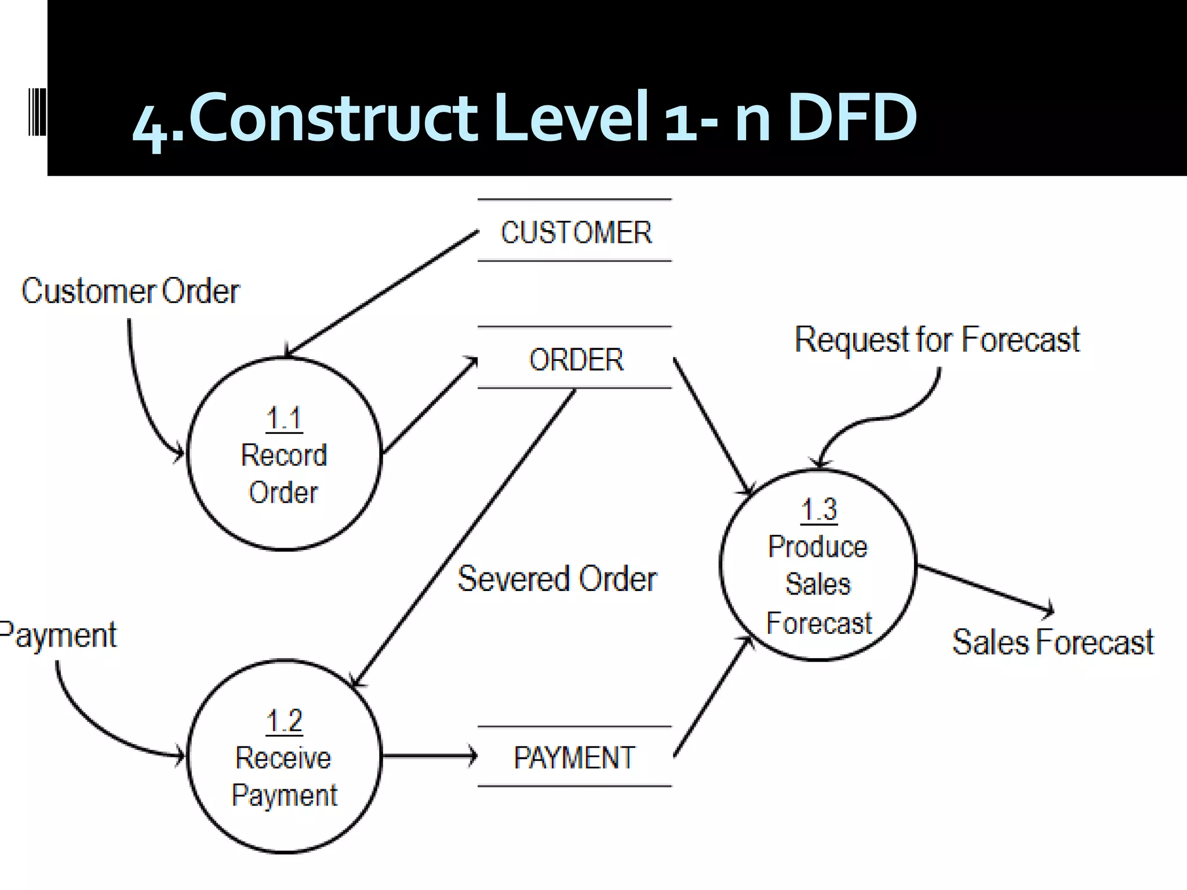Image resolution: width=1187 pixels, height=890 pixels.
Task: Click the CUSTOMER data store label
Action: click(x=576, y=232)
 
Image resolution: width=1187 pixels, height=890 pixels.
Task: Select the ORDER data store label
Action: click(x=576, y=359)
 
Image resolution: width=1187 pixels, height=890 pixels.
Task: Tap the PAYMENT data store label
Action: click(x=574, y=757)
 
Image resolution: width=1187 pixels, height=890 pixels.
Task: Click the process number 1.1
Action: click(x=284, y=418)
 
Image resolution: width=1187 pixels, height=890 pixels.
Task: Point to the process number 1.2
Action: click(x=284, y=721)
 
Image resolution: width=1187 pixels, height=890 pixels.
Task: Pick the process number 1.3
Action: click(x=818, y=510)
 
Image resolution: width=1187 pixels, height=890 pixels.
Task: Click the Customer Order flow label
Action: click(x=130, y=291)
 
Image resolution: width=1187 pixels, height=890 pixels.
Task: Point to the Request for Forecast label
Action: click(x=937, y=340)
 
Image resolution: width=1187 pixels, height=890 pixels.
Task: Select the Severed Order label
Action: click(x=557, y=578)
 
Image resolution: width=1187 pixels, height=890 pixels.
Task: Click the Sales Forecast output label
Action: click(x=1053, y=642)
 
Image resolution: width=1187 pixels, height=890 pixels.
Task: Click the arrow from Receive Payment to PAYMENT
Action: click(x=429, y=756)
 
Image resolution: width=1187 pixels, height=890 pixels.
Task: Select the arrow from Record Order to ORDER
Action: click(x=429, y=406)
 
